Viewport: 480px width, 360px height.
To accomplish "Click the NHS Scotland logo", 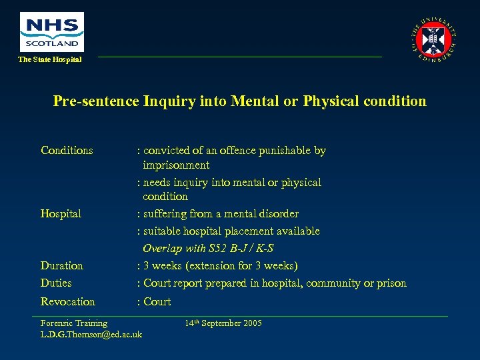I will [x=52, y=31].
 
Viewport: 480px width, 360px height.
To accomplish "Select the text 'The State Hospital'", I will [x=50, y=60].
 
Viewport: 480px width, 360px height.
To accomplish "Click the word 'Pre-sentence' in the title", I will [x=96, y=101].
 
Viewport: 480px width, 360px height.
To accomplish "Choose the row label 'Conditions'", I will [x=67, y=151].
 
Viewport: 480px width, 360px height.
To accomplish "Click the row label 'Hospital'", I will [x=61, y=214].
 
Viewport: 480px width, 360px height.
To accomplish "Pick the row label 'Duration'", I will [x=62, y=266].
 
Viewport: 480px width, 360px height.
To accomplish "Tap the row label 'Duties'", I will [x=56, y=283].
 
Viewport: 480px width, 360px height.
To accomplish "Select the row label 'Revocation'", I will [x=68, y=302].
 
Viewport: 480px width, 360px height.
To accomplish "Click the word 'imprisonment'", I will [x=176, y=165].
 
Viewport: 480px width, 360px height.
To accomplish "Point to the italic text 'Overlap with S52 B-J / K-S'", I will [x=208, y=249].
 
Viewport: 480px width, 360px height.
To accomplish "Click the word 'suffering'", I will [x=166, y=214].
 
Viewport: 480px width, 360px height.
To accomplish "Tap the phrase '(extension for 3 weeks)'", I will [x=241, y=266].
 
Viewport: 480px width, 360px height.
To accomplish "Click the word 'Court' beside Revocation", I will [x=157, y=302].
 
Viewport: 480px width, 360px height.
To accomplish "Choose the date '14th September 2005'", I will [x=223, y=323].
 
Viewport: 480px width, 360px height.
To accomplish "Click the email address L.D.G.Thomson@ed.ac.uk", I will [x=91, y=334].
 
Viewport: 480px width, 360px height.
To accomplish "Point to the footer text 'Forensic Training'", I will [x=74, y=323].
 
